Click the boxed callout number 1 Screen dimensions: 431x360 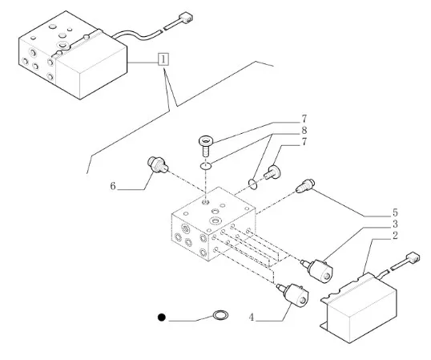point(163,59)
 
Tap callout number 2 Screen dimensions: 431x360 point(395,236)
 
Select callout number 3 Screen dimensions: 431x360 point(395,224)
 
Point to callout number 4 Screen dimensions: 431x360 point(252,318)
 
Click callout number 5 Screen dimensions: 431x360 point(395,212)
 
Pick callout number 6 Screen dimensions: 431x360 point(113,186)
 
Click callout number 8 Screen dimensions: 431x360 point(304,130)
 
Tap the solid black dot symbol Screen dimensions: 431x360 point(162,318)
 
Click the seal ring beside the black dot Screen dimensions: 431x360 point(220,315)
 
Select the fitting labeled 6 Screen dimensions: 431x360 point(158,164)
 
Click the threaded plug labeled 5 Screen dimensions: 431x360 point(305,186)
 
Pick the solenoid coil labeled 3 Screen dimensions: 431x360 point(317,270)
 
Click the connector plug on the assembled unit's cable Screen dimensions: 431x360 point(186,18)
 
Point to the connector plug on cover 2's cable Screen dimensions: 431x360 point(413,257)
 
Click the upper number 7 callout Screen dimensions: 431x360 point(304,119)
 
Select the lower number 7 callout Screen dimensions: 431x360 point(304,142)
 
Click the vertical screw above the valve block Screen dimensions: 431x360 point(206,146)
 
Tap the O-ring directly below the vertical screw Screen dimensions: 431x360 point(206,166)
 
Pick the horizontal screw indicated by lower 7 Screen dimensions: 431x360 point(272,172)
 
